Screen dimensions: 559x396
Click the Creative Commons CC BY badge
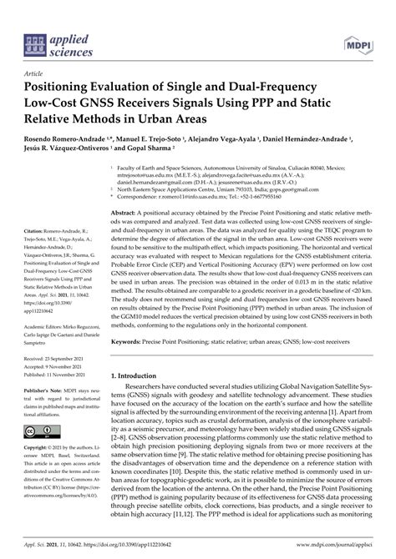(x=33, y=431)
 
